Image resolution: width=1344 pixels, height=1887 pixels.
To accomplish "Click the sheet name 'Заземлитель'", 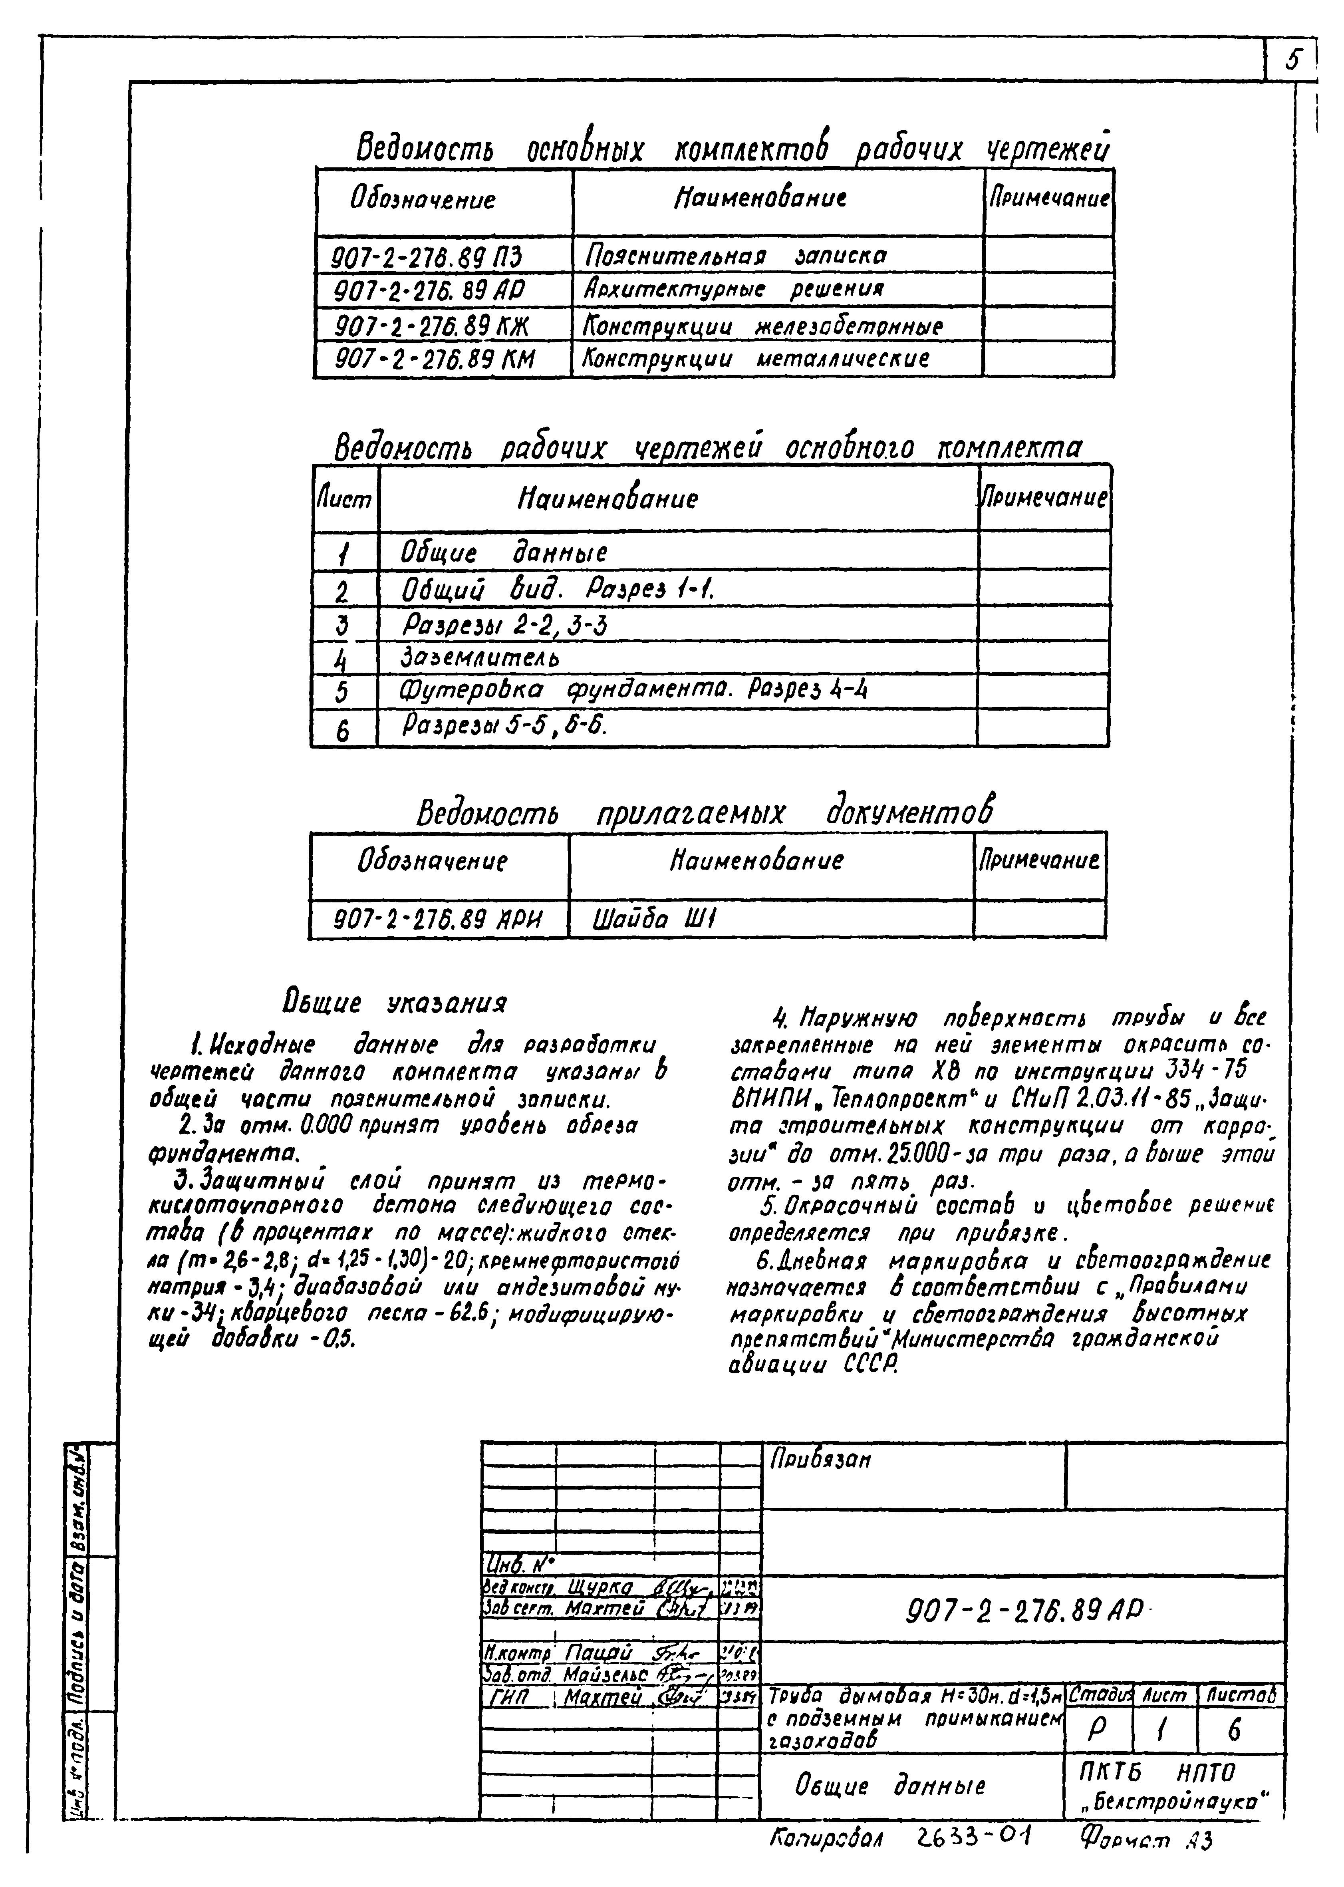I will (x=480, y=658).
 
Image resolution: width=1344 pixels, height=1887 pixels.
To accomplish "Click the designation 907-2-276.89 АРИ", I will (x=437, y=920).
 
